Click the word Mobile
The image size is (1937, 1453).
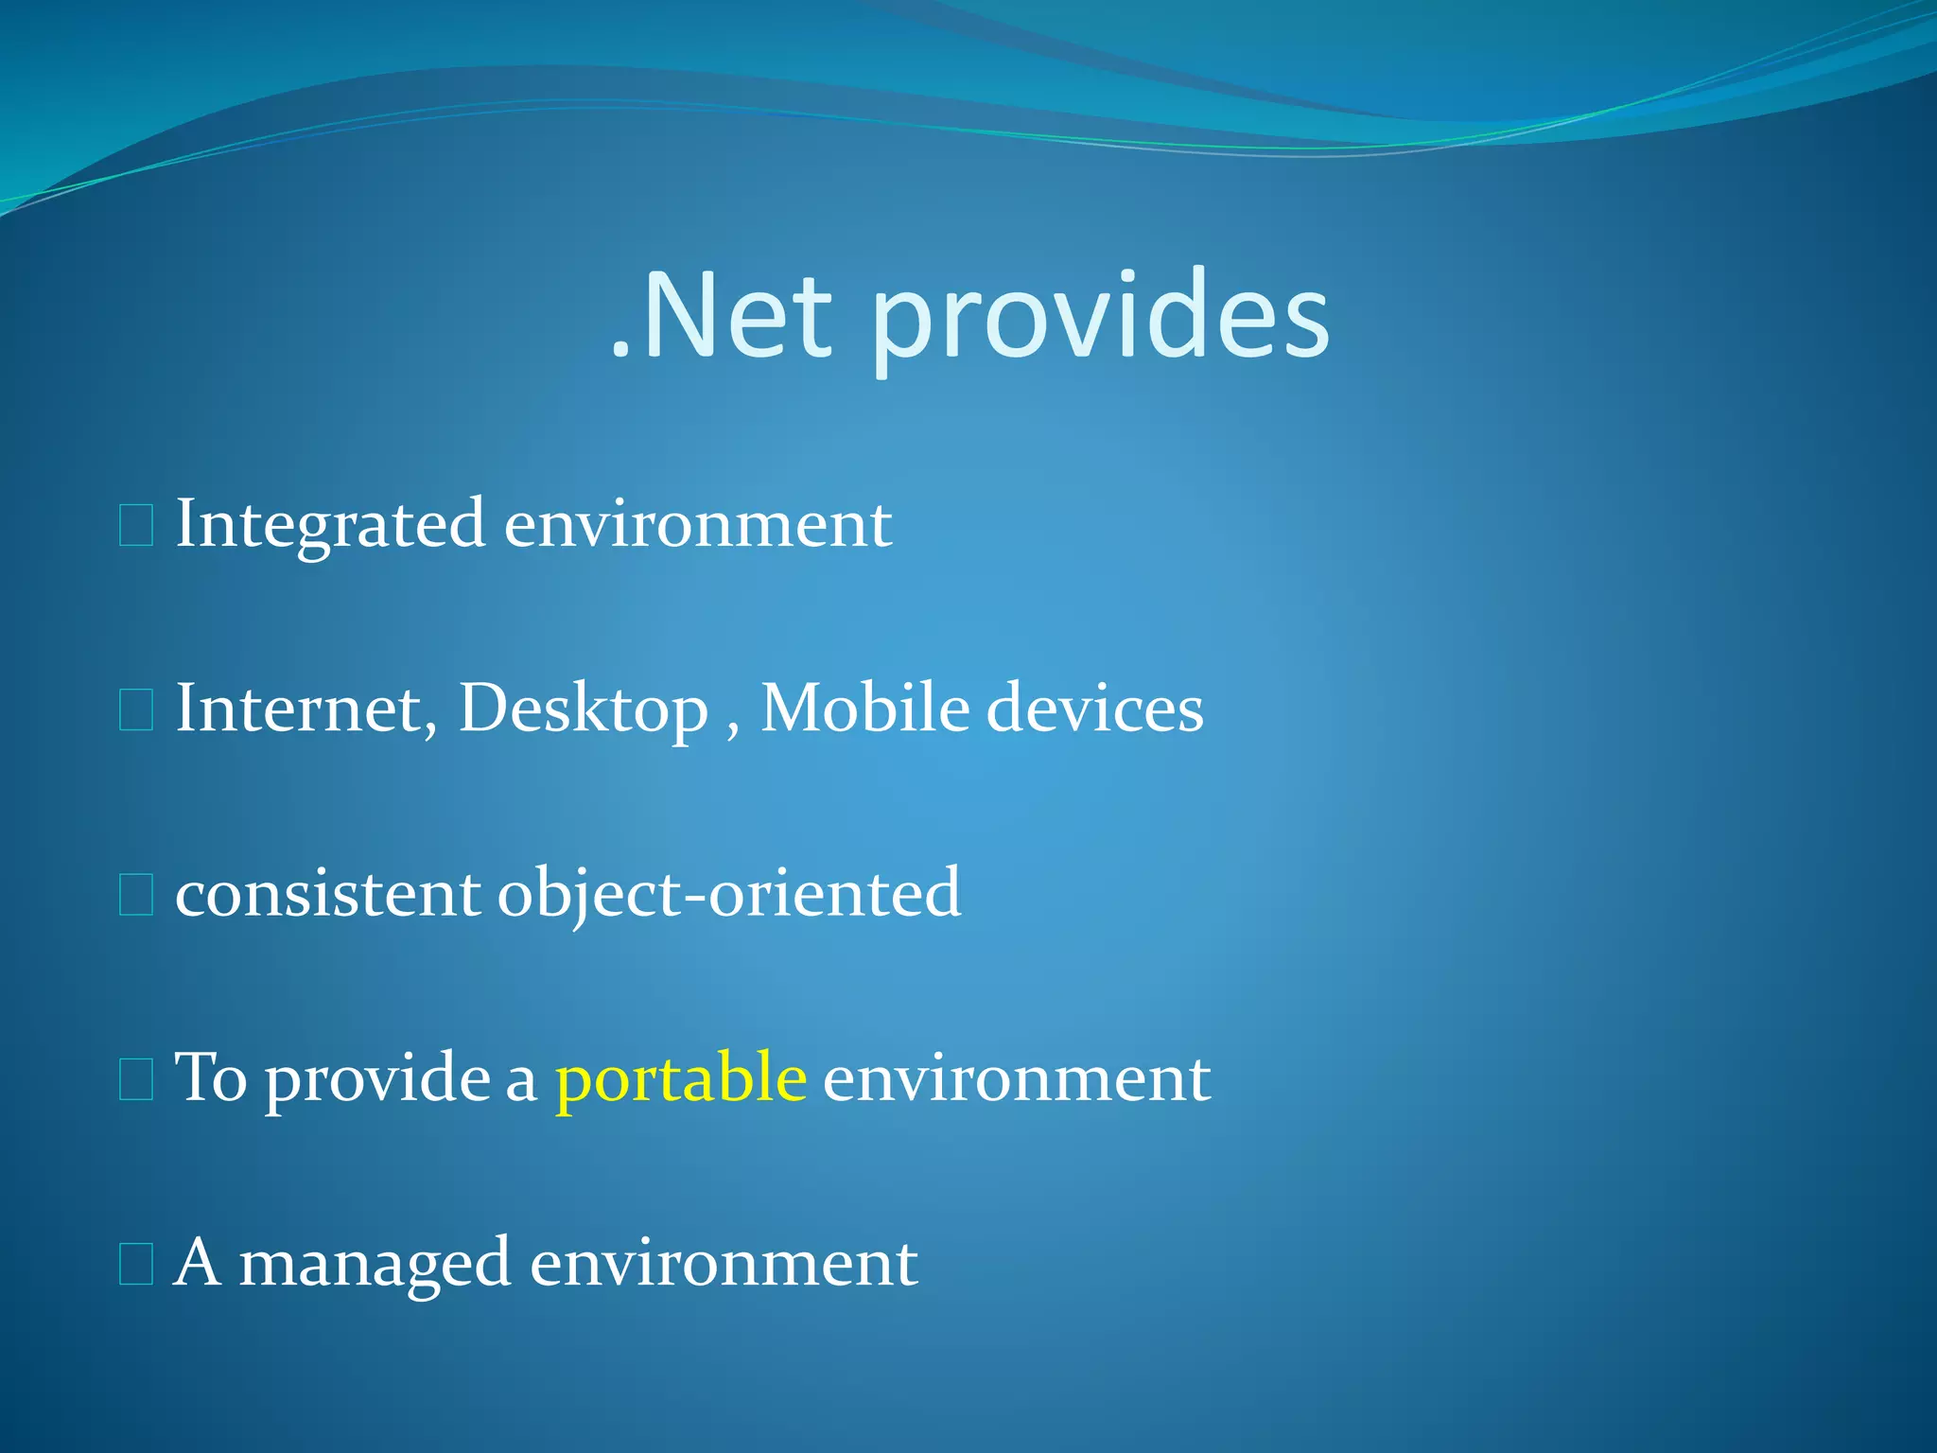click(864, 709)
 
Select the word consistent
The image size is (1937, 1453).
click(327, 893)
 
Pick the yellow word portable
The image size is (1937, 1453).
click(681, 1077)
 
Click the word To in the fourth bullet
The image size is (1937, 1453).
click(211, 1077)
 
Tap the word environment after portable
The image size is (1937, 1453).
click(1017, 1077)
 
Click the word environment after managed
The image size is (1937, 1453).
click(724, 1263)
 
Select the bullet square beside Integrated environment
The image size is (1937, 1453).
click(136, 526)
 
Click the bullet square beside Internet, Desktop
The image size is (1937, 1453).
click(136, 710)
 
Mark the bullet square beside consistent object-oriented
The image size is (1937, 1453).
click(136, 895)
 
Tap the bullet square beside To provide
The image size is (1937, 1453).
click(136, 1079)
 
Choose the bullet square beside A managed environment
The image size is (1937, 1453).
click(136, 1264)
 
